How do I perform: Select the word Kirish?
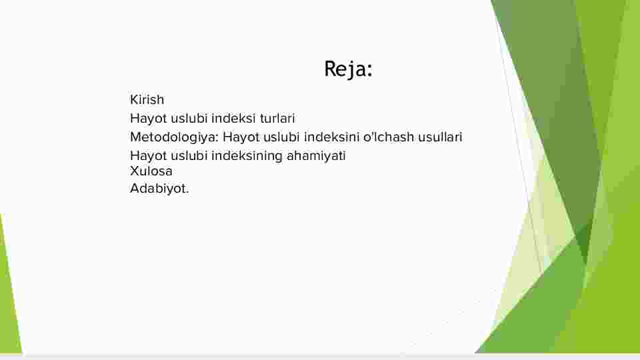coord(147,99)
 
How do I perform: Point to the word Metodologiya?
coord(174,137)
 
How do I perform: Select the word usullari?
coord(440,137)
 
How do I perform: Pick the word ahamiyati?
coord(316,156)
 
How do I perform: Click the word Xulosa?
coord(151,171)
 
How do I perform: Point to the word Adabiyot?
coord(159,189)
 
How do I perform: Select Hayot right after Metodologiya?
coord(241,137)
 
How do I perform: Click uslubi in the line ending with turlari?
coord(189,119)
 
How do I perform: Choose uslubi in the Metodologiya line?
coord(281,137)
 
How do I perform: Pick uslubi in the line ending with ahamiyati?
coord(189,156)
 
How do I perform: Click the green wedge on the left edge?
coord(8,294)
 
